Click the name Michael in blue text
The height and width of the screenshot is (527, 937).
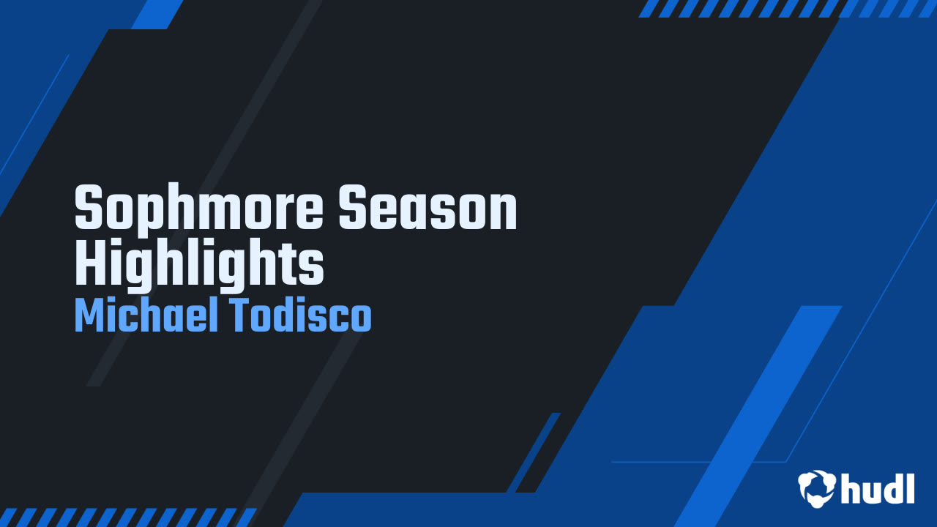143,316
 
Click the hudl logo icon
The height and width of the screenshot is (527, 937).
816,487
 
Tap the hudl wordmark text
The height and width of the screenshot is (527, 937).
878,487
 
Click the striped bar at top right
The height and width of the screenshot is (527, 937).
787,9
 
